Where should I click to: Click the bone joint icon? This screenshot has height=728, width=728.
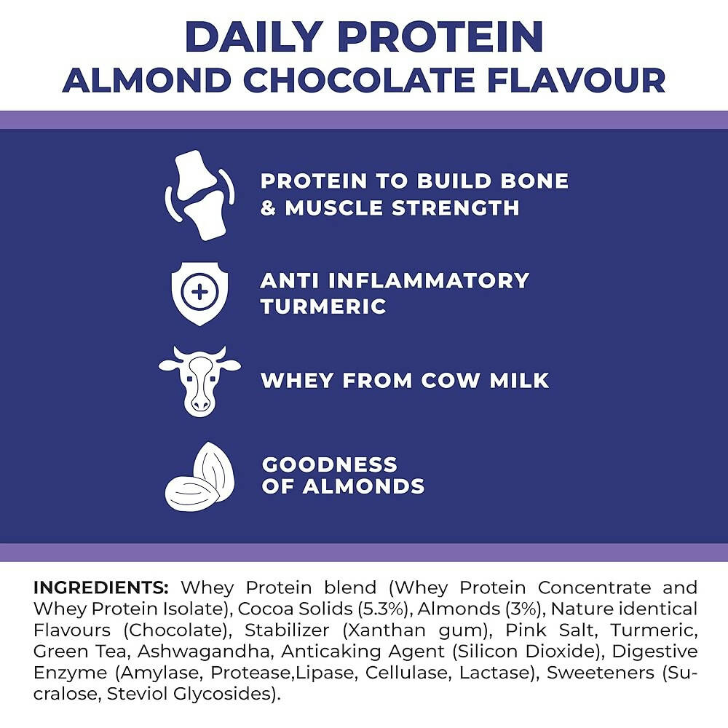tap(199, 195)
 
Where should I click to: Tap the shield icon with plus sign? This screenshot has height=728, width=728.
tap(199, 293)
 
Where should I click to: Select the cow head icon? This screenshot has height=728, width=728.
tap(199, 381)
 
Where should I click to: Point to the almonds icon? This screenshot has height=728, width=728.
tap(199, 476)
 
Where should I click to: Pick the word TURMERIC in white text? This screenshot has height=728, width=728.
tap(323, 306)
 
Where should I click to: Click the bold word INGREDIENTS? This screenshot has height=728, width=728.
tap(100, 587)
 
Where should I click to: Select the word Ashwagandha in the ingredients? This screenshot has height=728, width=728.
tap(204, 652)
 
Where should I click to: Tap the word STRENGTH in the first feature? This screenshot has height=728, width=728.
tap(456, 208)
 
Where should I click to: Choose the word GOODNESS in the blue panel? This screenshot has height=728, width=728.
tap(330, 464)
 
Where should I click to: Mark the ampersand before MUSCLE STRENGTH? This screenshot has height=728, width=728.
tap(269, 208)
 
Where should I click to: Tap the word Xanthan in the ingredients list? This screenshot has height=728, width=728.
tap(384, 630)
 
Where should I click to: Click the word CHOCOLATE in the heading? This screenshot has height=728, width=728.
tap(359, 80)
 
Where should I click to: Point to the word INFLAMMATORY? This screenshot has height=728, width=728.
tap(429, 280)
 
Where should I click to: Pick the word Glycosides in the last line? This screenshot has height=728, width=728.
tap(227, 694)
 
